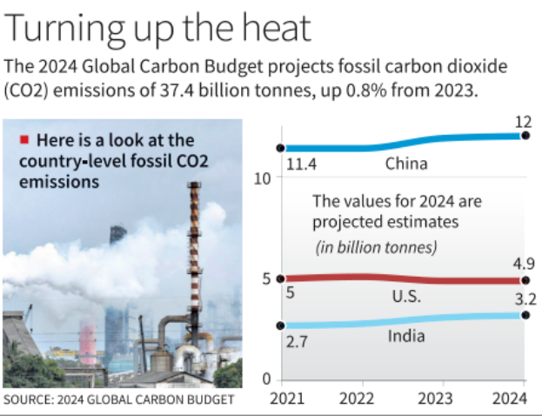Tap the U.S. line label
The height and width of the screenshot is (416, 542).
405,297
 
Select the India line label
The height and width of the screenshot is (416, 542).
406,336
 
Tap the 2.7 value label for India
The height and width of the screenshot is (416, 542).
296,341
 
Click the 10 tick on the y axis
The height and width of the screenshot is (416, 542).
266,178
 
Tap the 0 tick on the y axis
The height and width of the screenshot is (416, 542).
269,379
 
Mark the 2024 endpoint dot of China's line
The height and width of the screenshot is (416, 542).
525,135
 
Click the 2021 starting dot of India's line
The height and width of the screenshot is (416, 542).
280,325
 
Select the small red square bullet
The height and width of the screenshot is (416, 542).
24,139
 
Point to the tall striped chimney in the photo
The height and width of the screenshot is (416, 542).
193,261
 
